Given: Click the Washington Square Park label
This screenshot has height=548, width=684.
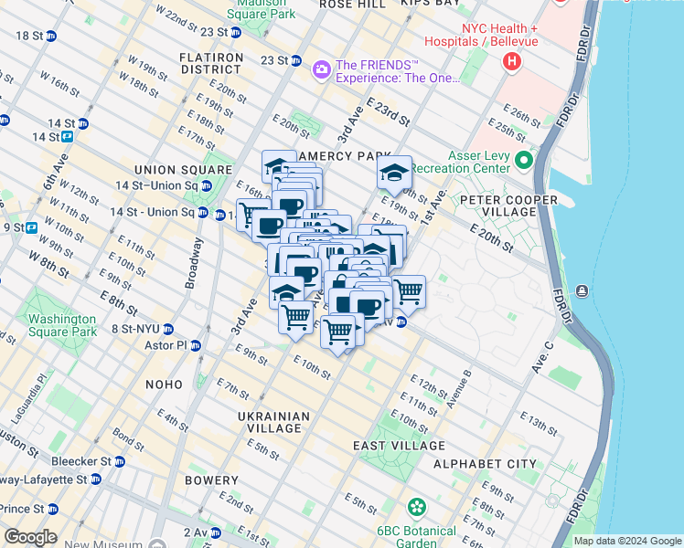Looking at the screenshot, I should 61,325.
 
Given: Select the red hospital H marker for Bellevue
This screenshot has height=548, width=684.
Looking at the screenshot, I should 512,61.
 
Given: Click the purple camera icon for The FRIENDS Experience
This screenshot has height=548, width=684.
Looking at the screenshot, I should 321,68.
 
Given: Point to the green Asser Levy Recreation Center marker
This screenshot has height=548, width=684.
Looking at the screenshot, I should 524,162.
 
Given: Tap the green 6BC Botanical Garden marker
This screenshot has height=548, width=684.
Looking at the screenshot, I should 417,506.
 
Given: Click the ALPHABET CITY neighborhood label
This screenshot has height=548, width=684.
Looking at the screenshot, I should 485,464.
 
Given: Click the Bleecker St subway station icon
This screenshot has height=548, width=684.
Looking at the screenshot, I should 119,462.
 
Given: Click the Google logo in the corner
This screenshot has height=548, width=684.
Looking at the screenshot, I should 30,537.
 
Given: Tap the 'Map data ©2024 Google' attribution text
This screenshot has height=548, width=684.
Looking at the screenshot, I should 626,541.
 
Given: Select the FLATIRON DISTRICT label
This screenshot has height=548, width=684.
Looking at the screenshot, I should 212,63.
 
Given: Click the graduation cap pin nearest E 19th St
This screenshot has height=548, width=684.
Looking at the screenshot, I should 394,171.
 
